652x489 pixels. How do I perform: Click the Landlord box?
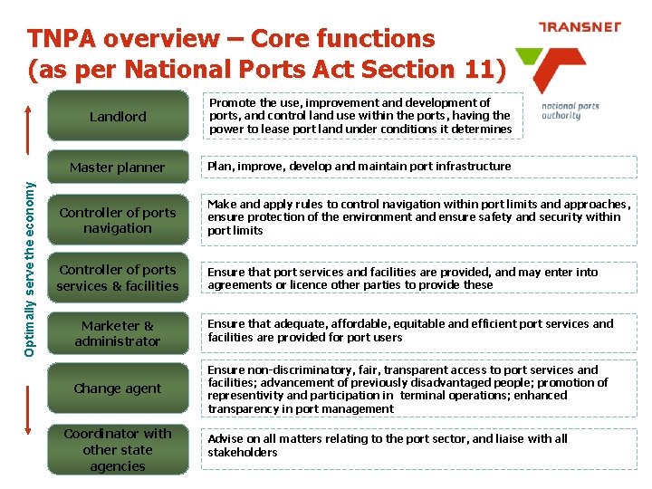click(x=118, y=117)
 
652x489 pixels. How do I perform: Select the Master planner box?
click(x=118, y=168)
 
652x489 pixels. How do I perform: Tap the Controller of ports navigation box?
click(x=118, y=220)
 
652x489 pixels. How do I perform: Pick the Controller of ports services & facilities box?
click(x=118, y=278)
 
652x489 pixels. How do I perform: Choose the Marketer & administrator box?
click(x=118, y=333)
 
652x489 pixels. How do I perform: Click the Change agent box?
click(x=118, y=388)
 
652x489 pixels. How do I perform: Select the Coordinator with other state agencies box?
click(x=118, y=450)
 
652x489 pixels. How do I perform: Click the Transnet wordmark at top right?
click(x=580, y=27)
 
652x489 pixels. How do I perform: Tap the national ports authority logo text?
click(x=570, y=110)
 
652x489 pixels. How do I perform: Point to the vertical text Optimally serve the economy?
click(x=30, y=254)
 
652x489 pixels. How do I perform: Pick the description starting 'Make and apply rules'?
click(x=417, y=217)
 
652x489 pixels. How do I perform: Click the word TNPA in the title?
click(x=64, y=39)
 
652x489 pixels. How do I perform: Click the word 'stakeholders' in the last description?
click(x=243, y=453)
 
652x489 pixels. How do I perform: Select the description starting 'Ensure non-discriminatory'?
click(x=407, y=389)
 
